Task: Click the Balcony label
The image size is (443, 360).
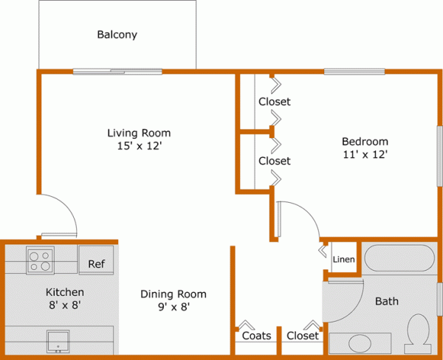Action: click(117, 35)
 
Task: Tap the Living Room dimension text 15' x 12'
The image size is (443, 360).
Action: click(139, 146)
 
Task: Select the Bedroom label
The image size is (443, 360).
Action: click(364, 142)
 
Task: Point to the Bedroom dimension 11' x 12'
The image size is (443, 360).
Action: click(364, 155)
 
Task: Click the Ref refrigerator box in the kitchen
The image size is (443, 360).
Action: click(96, 264)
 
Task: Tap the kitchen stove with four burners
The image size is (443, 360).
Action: click(40, 260)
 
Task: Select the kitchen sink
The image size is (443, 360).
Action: click(58, 340)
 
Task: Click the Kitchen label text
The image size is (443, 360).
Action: click(65, 292)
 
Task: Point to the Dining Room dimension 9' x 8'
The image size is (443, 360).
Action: click(174, 308)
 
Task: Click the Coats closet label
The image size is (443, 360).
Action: click(256, 336)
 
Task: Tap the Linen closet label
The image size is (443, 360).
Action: click(343, 260)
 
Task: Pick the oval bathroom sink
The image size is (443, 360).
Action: click(361, 344)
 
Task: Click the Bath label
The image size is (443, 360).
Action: click(386, 301)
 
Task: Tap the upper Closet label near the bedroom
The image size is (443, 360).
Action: click(274, 102)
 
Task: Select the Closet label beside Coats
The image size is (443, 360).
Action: click(302, 336)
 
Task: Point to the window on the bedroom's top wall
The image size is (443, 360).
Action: click(354, 72)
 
